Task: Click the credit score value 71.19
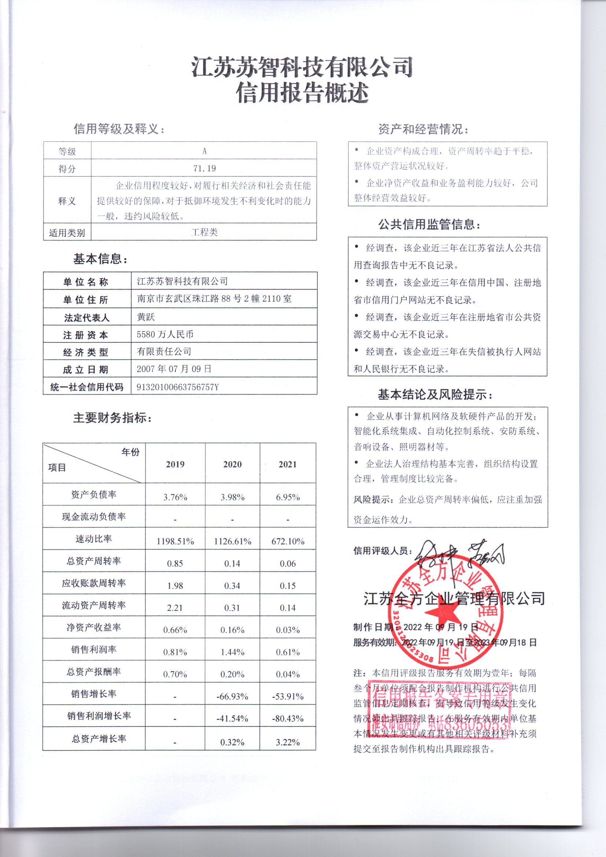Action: point(204,168)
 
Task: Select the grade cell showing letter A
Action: point(204,151)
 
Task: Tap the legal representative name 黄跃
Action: point(145,317)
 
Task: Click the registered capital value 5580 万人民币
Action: point(165,334)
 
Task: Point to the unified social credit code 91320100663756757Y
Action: point(178,387)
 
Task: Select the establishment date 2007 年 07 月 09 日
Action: point(174,369)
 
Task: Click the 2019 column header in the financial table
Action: point(175,464)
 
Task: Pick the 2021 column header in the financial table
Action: point(287,464)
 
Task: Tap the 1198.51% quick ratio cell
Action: point(175,541)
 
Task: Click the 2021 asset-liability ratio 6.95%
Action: point(288,497)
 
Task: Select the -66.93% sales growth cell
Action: point(232,696)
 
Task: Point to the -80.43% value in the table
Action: point(288,718)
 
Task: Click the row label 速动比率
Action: point(94,538)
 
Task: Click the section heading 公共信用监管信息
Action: point(429,224)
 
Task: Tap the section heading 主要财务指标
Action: point(112,418)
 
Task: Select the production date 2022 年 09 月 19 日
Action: point(441,627)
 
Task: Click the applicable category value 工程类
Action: point(204,232)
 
